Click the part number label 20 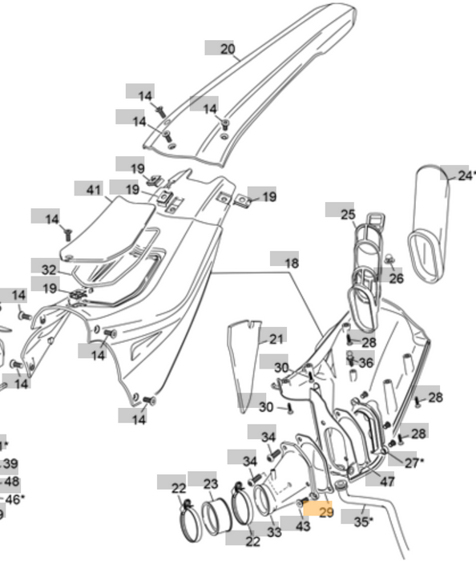[x=228, y=49]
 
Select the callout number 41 [x=95, y=190]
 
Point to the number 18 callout [x=291, y=262]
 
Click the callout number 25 [x=347, y=215]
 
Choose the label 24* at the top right [x=466, y=175]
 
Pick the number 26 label [x=396, y=278]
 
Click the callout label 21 [x=276, y=339]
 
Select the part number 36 [x=365, y=363]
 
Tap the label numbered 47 [x=386, y=482]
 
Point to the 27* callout [x=413, y=462]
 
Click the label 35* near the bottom [x=364, y=521]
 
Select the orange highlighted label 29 [x=325, y=512]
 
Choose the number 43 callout [x=302, y=526]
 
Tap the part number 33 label [x=274, y=532]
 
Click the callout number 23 [x=209, y=484]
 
